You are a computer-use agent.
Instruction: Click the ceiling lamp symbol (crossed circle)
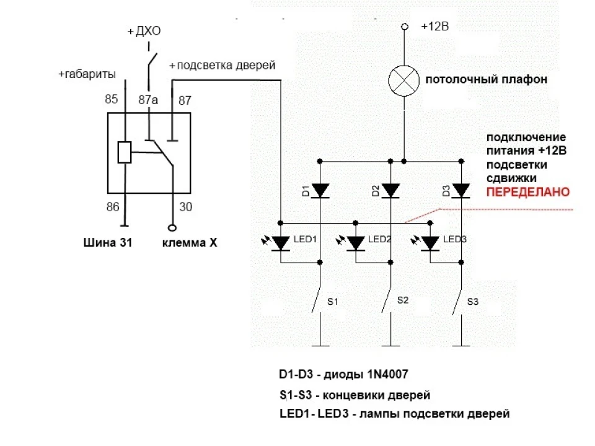click(404, 81)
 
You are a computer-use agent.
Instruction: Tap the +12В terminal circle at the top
click(405, 27)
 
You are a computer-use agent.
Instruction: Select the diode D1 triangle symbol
click(320, 191)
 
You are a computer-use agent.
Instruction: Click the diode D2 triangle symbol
click(390, 191)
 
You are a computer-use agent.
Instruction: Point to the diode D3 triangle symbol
click(461, 191)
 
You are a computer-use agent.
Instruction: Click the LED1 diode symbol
click(280, 243)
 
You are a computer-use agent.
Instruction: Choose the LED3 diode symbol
click(430, 243)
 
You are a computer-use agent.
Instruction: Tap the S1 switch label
click(332, 302)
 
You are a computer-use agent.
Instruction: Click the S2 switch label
click(403, 300)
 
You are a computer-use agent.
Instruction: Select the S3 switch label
click(472, 302)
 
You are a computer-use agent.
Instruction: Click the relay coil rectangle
click(125, 152)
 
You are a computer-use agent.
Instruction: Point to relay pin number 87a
click(148, 100)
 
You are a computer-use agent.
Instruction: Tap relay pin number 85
click(111, 99)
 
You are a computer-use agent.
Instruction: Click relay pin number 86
click(113, 207)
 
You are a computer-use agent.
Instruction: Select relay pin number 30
click(185, 207)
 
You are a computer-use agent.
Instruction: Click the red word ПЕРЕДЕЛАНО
click(528, 192)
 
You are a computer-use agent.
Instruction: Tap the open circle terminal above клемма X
click(172, 228)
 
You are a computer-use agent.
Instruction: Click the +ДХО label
click(144, 31)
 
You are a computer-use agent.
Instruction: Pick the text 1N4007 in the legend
click(387, 374)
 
